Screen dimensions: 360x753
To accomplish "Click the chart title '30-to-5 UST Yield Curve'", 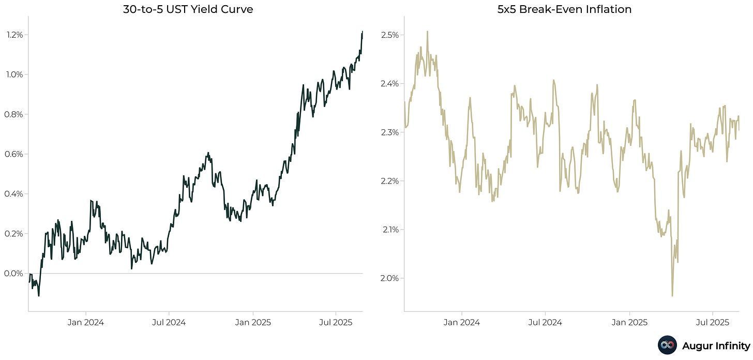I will pos(188,9).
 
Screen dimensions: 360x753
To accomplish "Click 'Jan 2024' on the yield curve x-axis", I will pos(86,322).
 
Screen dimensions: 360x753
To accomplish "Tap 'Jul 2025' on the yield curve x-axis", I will pos(336,322).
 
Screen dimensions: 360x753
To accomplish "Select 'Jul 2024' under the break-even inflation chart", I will pos(545,322).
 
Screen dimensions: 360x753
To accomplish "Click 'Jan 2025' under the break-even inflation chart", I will pos(629,322).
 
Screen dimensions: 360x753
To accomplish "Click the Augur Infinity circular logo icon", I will pos(667,345).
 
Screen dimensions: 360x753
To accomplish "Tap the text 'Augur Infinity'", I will pos(716,345).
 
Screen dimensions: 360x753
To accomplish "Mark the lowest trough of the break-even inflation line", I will pos(672,296).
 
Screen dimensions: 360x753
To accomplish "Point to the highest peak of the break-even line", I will pos(427,32).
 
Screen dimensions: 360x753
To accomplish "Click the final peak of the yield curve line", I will pos(362,32).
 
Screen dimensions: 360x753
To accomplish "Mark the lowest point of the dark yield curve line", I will pos(39,295).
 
